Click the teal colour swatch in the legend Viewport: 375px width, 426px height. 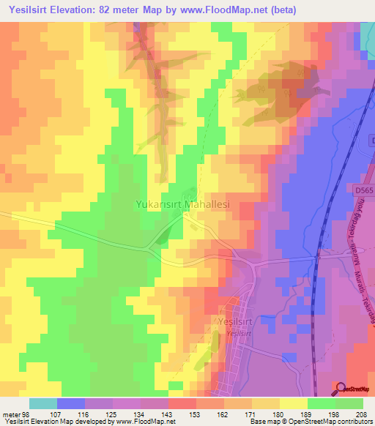tap(43, 403)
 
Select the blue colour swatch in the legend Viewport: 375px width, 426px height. tap(71, 403)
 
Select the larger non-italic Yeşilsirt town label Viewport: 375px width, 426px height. tap(239, 321)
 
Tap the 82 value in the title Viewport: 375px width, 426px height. tap(128, 10)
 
